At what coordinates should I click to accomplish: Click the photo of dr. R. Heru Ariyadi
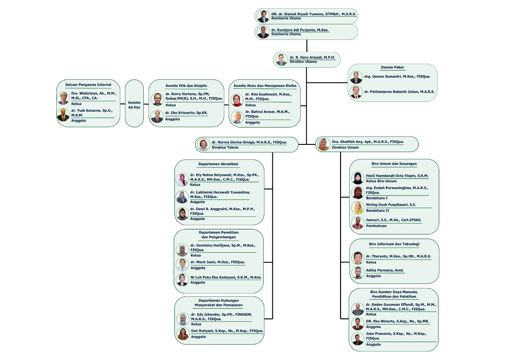coord(281,60)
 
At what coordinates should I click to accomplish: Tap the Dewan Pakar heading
coord(392,67)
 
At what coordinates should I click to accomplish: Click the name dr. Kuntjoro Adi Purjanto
coord(300,30)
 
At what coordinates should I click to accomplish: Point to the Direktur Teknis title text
coord(225,147)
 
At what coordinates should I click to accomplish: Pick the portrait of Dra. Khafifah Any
coord(324,145)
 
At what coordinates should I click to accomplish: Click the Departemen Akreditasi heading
coord(218,164)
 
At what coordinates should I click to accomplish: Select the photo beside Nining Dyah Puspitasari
coord(358,208)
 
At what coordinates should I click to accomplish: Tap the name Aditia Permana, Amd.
coord(385,270)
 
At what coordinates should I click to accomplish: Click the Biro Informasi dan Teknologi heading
coord(394,244)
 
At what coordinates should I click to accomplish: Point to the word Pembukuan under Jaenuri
coord(376,226)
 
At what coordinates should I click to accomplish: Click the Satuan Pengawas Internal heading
coord(88,85)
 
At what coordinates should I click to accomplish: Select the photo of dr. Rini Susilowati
coord(237,100)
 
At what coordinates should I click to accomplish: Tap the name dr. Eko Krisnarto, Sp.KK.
coord(186,113)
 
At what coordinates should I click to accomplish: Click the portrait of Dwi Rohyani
coord(183,334)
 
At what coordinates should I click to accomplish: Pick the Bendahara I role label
coord(377,198)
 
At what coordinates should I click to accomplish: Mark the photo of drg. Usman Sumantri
coord(356,77)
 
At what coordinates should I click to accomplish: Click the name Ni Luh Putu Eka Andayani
coord(226,277)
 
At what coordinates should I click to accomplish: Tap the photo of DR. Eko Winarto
coord(358,324)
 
